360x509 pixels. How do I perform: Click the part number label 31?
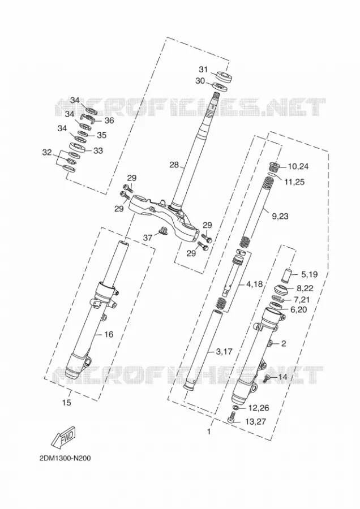coord(203,69)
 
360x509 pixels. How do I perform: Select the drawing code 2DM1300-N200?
coord(65,458)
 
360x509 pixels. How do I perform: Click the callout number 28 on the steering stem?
coord(174,165)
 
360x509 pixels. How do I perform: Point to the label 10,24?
coord(298,166)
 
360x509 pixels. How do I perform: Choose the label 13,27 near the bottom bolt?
coord(255,422)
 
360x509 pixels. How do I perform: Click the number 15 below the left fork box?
coord(66,403)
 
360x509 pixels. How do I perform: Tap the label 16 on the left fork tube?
coord(109,334)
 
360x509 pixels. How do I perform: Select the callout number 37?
coord(148,238)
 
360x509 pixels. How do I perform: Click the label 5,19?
coord(309,274)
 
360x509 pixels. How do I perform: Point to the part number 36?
coord(109,120)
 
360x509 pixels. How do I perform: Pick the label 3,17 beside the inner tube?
coord(225,351)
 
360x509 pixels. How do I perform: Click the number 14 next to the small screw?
coord(283,377)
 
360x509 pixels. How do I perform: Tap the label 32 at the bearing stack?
coord(47,152)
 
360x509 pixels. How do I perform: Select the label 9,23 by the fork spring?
coord(280,216)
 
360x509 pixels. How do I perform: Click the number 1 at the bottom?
coord(209,432)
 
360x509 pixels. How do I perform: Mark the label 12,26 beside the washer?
coord(259,407)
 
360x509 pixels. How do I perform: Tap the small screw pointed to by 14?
coord(268,378)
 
